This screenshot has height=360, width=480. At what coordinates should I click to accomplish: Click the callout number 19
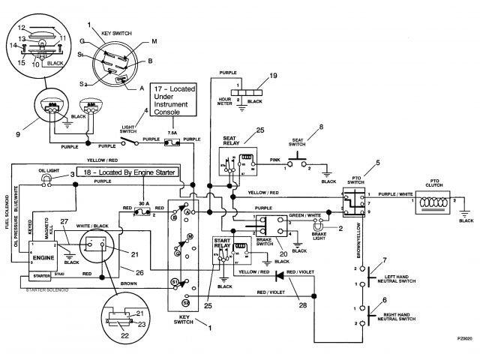point(273,76)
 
